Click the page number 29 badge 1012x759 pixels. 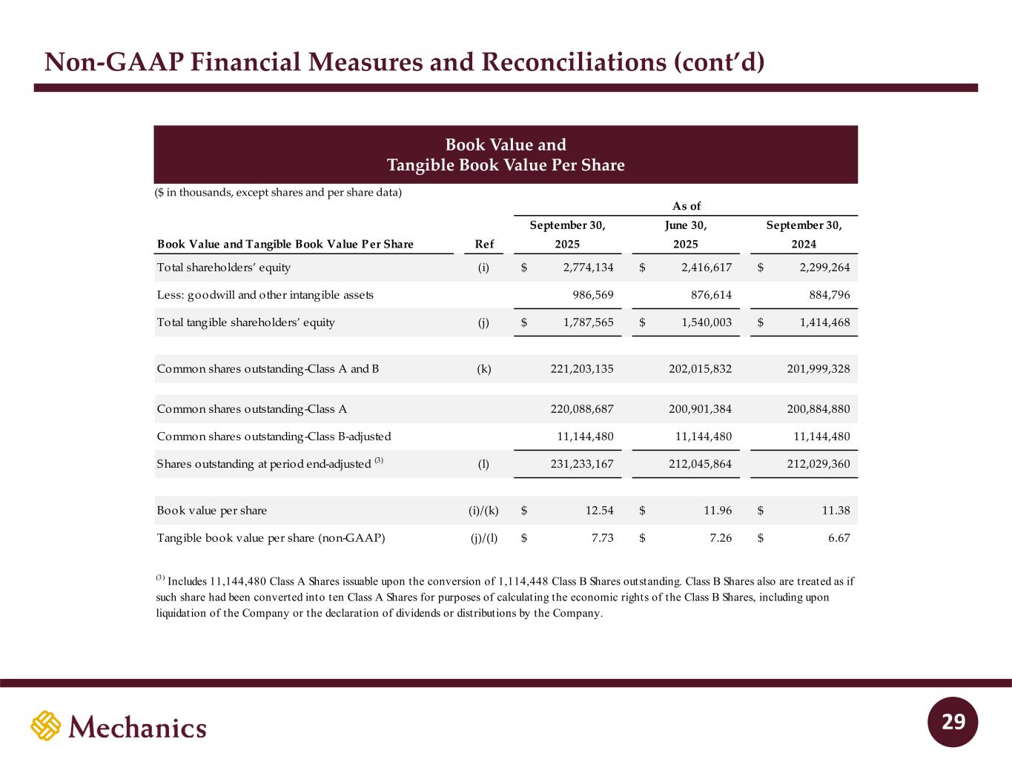point(953,722)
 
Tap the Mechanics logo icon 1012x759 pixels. point(45,726)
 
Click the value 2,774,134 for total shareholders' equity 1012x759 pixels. point(583,268)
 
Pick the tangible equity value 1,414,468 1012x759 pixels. point(820,322)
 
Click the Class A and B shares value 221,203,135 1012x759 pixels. point(578,368)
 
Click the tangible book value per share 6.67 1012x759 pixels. point(839,538)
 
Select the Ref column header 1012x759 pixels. point(483,245)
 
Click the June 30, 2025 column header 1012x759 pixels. point(686,235)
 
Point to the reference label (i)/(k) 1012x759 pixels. point(479,511)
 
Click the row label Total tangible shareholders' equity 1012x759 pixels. point(245,322)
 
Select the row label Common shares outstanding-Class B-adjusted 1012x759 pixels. point(274,437)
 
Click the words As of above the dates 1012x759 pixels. point(686,207)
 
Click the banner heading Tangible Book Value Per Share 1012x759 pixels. point(506,165)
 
